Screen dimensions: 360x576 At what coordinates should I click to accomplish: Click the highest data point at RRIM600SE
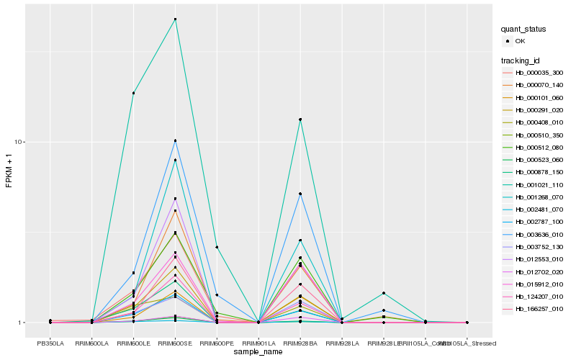tap(175, 19)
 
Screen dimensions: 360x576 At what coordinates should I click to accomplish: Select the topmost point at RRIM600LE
tap(133, 93)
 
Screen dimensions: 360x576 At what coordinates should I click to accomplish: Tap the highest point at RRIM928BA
tap(300, 120)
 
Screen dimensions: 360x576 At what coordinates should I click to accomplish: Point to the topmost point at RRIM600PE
tap(217, 247)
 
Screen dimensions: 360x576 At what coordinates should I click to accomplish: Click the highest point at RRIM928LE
tap(384, 293)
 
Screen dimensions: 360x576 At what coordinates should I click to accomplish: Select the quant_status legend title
tap(523, 30)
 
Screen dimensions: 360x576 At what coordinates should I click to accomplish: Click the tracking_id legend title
tap(521, 60)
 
